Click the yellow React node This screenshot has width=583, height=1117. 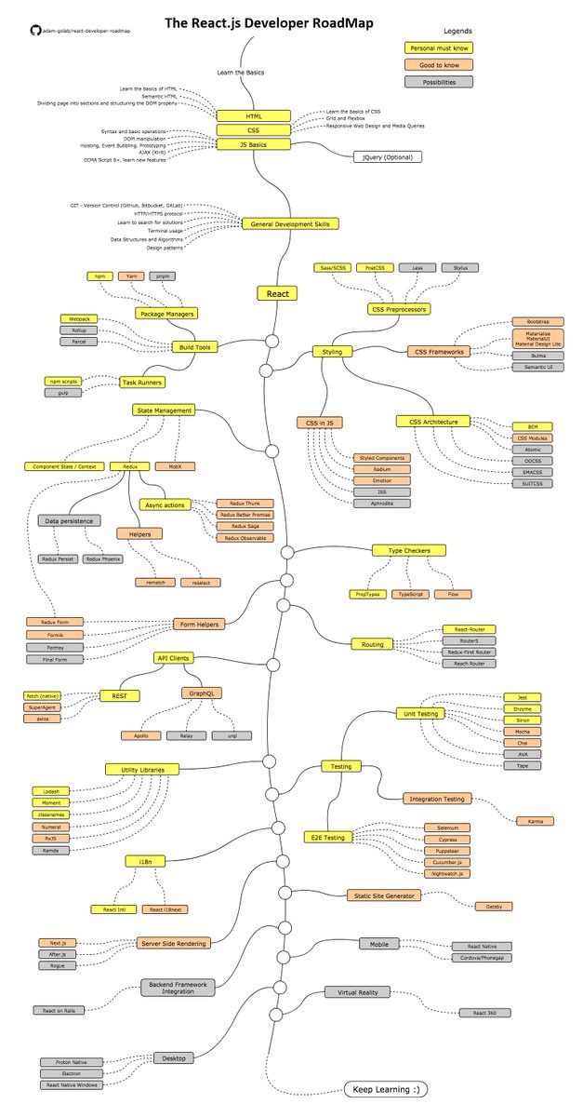click(x=277, y=293)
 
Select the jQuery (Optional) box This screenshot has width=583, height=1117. click(x=387, y=156)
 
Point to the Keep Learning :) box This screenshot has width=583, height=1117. click(x=386, y=1087)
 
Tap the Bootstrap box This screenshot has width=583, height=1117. click(x=530, y=321)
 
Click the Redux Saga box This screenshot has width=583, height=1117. click(x=238, y=526)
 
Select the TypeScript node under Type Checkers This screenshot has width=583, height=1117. click(x=411, y=593)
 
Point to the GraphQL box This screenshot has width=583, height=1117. click(x=202, y=693)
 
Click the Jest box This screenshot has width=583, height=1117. click(x=522, y=696)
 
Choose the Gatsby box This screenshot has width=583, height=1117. click(x=494, y=905)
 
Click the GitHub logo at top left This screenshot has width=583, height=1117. click(x=35, y=30)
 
